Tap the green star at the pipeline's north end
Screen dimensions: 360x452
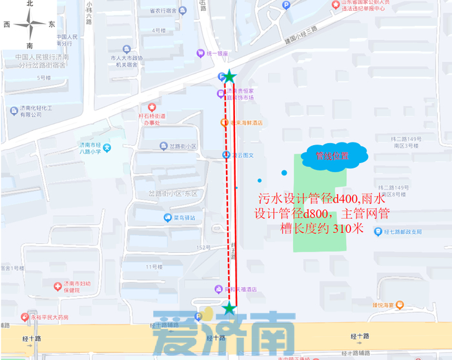[x=229, y=77]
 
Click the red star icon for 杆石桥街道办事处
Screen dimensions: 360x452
[x=152, y=106]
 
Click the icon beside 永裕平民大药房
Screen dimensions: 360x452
[x=26, y=317]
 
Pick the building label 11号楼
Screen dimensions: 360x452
[x=153, y=266]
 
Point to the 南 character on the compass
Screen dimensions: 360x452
[x=30, y=46]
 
